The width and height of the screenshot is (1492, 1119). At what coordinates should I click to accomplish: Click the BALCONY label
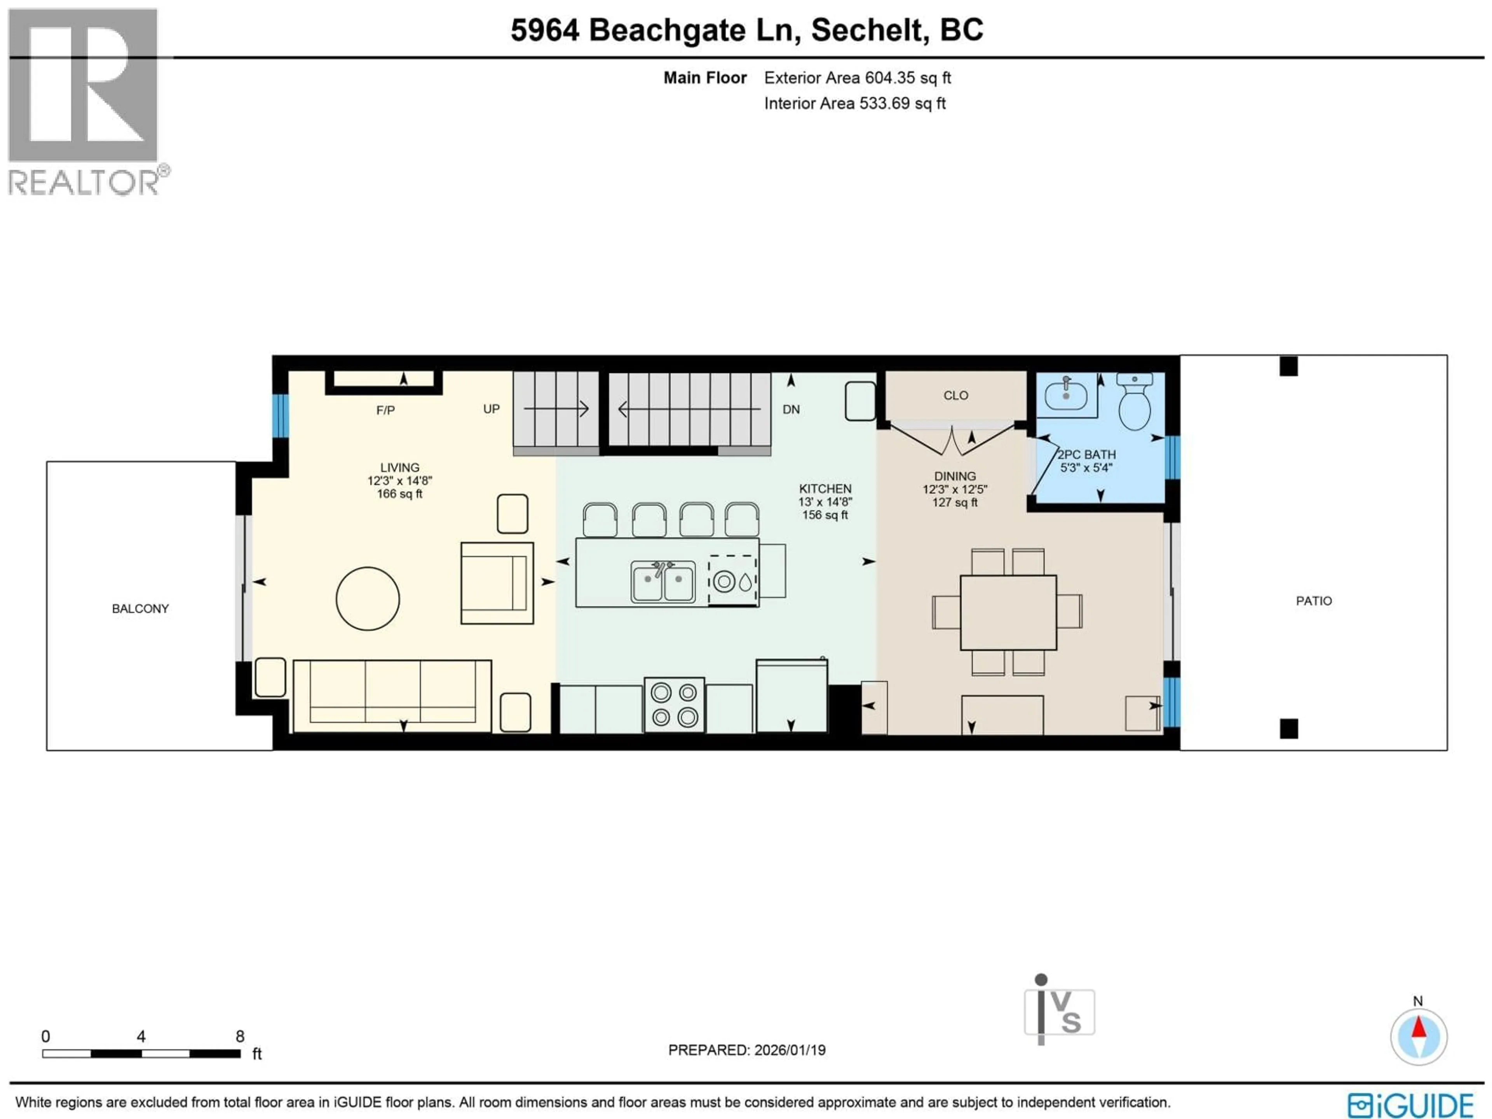click(140, 608)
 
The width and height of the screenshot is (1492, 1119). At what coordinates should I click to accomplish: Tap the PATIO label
click(1313, 601)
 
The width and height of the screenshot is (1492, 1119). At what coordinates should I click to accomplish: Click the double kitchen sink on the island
click(662, 581)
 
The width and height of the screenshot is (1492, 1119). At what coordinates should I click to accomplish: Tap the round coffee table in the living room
click(368, 598)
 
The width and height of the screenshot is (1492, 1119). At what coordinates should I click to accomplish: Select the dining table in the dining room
click(1008, 612)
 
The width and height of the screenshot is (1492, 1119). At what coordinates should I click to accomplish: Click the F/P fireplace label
click(385, 410)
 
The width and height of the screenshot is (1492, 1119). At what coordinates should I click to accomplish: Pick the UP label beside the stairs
click(491, 409)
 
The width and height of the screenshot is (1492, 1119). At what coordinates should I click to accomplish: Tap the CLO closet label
click(955, 395)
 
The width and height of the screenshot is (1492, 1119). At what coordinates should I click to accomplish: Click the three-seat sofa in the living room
click(392, 695)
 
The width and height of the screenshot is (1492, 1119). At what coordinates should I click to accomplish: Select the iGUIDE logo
click(1410, 1105)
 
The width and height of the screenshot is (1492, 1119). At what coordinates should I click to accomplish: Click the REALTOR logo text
click(84, 182)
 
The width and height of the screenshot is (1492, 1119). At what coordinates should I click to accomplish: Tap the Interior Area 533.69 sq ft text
click(854, 103)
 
